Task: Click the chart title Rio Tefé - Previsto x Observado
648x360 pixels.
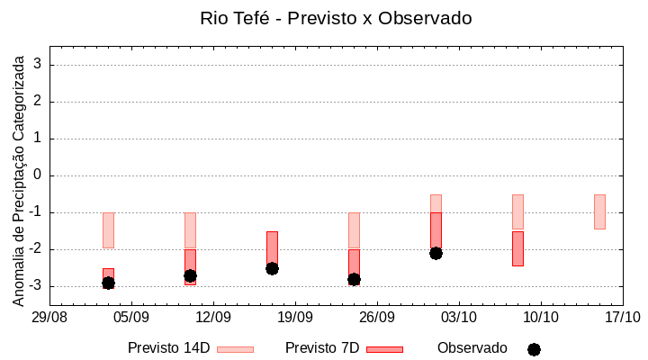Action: tap(336, 18)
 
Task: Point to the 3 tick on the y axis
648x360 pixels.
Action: tap(39, 65)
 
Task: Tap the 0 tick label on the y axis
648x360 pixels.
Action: tap(39, 175)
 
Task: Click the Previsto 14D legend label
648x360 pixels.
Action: tap(168, 348)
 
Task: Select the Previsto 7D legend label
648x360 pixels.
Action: tap(322, 348)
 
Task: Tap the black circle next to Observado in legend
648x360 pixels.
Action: tap(534, 349)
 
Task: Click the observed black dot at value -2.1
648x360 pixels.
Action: tap(436, 253)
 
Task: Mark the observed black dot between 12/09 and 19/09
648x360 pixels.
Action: tap(272, 268)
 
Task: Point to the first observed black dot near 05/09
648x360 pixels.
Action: tap(108, 283)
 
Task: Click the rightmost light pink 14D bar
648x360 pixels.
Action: tap(599, 211)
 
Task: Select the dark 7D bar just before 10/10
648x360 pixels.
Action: tap(517, 248)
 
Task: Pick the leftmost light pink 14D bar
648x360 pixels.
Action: tap(108, 229)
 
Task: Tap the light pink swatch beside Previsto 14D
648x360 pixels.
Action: tap(236, 349)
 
